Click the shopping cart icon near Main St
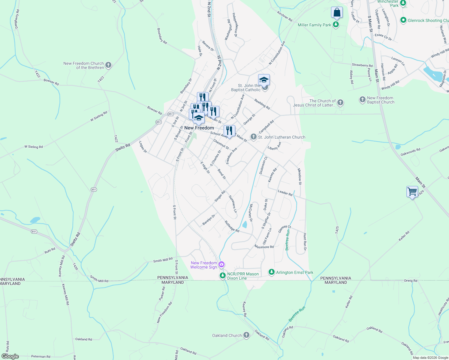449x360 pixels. click(412, 191)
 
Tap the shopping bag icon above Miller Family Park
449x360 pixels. click(337, 13)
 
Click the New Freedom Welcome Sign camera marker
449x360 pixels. click(221, 265)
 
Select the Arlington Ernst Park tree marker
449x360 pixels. click(272, 272)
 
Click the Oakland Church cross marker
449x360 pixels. click(246, 335)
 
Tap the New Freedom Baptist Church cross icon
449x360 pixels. click(362, 100)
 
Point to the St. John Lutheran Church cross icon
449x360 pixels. click(254, 137)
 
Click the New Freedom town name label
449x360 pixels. click(199, 128)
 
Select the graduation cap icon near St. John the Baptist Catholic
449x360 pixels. click(264, 80)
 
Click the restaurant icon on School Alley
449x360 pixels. click(229, 131)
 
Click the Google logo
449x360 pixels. click(10, 356)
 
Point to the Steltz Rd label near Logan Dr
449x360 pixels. click(123, 147)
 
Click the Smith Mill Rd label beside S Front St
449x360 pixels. click(163, 260)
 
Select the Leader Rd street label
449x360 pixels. click(285, 193)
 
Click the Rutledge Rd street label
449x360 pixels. click(232, 226)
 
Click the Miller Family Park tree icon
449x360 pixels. click(336, 25)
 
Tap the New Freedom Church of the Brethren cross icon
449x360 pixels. click(108, 65)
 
